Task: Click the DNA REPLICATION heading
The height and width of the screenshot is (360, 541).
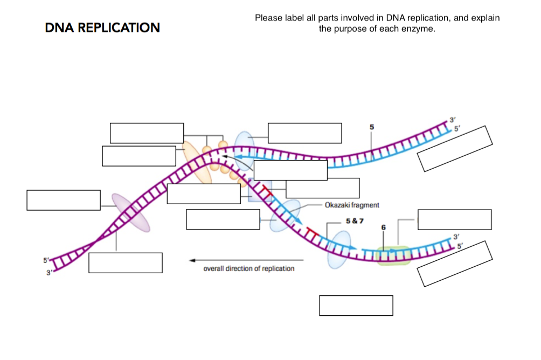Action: [102, 27]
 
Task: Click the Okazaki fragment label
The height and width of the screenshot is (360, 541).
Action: [352, 205]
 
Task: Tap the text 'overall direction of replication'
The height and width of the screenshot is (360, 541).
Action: [248, 268]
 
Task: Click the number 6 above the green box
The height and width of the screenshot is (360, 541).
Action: [383, 228]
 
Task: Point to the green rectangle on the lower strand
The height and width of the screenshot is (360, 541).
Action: [393, 255]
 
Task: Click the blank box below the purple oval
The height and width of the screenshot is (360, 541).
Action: [126, 263]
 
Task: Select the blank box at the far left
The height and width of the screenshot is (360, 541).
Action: [64, 200]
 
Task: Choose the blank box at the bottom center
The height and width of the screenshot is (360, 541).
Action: [356, 306]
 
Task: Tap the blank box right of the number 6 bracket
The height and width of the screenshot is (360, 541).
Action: [454, 220]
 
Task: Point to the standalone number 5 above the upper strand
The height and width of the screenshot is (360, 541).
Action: [371, 127]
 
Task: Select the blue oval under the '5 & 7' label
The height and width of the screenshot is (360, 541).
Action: [339, 250]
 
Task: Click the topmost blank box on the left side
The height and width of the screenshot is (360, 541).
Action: [147, 133]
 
